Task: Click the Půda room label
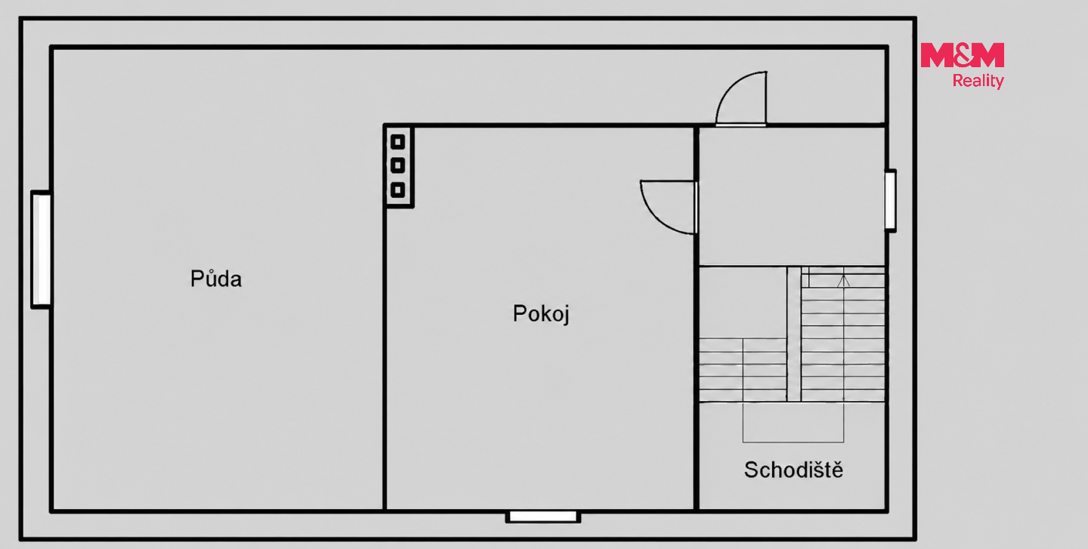(x=215, y=279)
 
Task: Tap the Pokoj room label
(x=541, y=313)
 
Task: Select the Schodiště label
(x=793, y=470)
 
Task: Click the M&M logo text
(x=963, y=55)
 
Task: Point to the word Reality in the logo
(x=978, y=81)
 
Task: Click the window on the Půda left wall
(x=42, y=249)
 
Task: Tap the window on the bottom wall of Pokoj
(x=543, y=517)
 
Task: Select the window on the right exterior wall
(x=890, y=200)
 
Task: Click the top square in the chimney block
(x=397, y=142)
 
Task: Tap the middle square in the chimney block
(x=397, y=165)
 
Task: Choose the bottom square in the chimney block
(x=397, y=190)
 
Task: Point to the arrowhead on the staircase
(x=844, y=280)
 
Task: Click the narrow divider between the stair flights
(x=793, y=334)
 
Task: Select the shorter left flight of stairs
(x=743, y=370)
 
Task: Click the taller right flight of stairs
(x=842, y=334)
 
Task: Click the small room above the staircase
(x=792, y=196)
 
